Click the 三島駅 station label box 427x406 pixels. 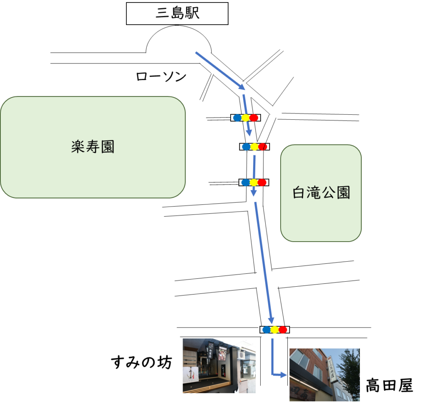[177, 14]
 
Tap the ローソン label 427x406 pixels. [161, 76]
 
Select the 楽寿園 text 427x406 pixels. [93, 147]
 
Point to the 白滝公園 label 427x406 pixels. [322, 192]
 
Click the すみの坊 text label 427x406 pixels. [141, 362]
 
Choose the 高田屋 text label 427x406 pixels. [389, 385]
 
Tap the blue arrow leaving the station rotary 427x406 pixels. [220, 71]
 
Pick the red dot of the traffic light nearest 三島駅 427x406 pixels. [254, 118]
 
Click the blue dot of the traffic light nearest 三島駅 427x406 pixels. [237, 118]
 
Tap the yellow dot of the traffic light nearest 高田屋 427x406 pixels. [274, 330]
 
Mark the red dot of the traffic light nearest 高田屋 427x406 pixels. [283, 330]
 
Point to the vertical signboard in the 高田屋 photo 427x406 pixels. [332, 370]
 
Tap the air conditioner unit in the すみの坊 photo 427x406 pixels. [241, 354]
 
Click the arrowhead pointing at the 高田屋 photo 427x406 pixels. [283, 375]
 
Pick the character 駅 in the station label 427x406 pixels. [193, 13]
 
